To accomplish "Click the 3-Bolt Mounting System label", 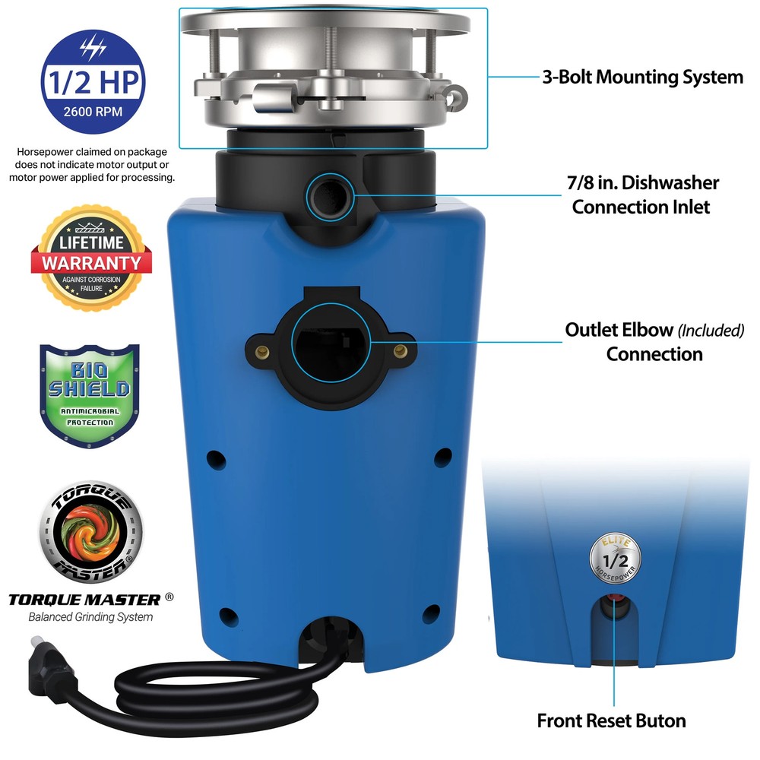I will click(x=642, y=77).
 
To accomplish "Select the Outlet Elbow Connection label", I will click(x=654, y=342).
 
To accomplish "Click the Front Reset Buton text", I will click(x=611, y=720).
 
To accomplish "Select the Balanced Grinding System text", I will click(x=90, y=616).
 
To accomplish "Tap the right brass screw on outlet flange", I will click(x=400, y=349).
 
